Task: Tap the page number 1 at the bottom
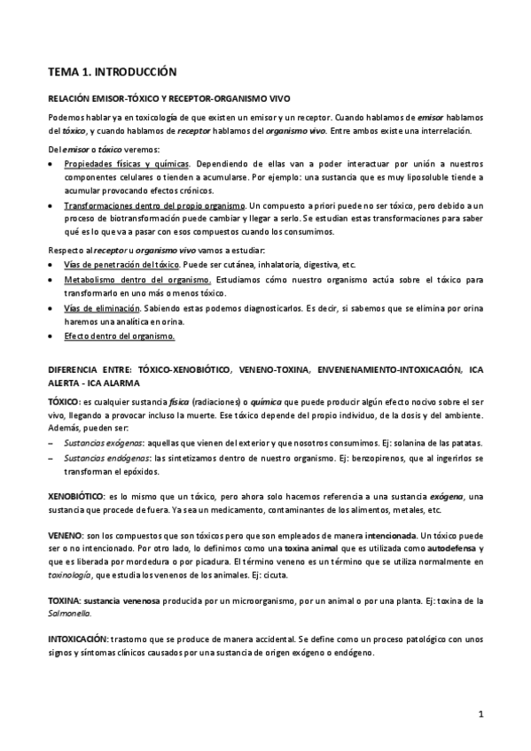[x=480, y=713]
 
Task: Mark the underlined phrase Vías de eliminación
[x=102, y=308]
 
